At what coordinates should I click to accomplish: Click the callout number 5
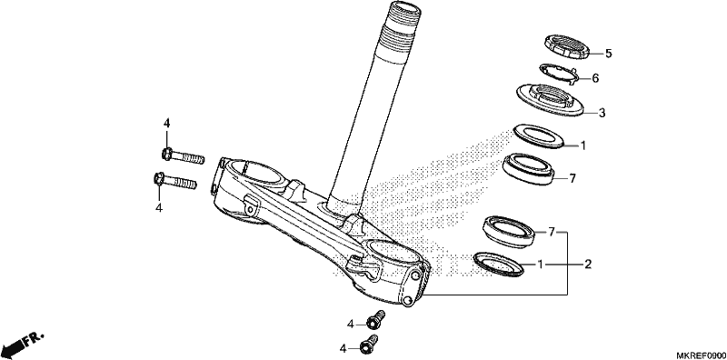tap(608, 54)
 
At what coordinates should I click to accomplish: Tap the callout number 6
tap(595, 78)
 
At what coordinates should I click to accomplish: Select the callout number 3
tap(602, 113)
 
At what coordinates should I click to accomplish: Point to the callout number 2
tap(588, 265)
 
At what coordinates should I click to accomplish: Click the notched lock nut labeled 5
tap(566, 47)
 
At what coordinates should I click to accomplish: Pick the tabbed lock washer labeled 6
tap(558, 74)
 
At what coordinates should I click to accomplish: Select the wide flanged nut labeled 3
tap(550, 100)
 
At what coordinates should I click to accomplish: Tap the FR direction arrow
tap(23, 344)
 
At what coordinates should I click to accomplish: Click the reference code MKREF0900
tap(700, 355)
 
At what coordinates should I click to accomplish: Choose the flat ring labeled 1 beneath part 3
tap(539, 136)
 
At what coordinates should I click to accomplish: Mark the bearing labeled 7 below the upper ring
tap(529, 168)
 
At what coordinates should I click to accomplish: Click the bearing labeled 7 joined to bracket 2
tap(510, 231)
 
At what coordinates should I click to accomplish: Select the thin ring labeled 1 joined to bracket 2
tap(498, 265)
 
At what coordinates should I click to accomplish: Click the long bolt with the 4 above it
tap(184, 155)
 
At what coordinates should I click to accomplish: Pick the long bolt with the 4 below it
tap(174, 181)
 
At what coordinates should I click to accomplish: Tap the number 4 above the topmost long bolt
tap(166, 124)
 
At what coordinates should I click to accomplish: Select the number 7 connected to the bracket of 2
tap(552, 232)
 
